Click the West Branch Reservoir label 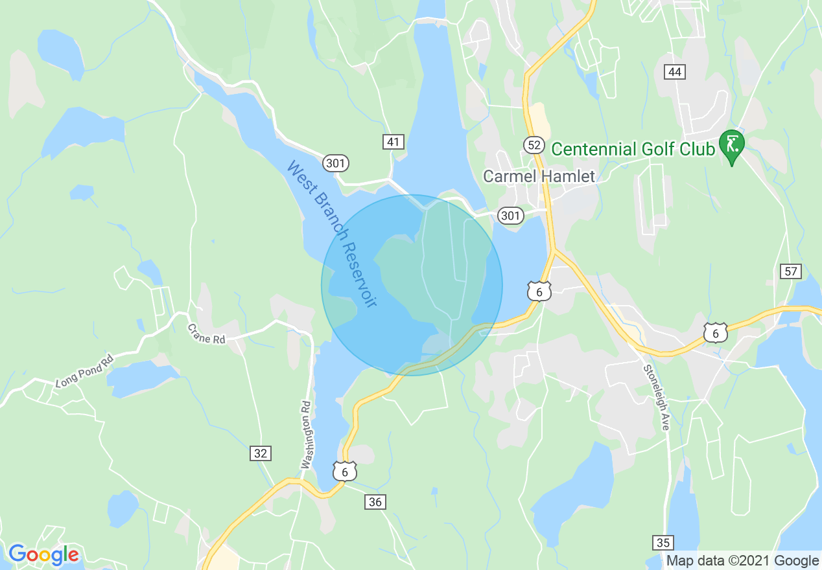click(x=331, y=234)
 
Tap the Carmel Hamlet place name click(x=539, y=176)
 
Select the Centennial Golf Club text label click(x=633, y=150)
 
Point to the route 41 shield click(x=393, y=142)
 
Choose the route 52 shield click(x=534, y=144)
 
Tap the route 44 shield click(x=675, y=71)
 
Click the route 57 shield click(x=791, y=271)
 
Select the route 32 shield click(x=261, y=453)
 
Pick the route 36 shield click(x=375, y=501)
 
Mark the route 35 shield click(x=663, y=542)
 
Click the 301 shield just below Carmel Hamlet click(x=511, y=215)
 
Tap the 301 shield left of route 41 click(x=335, y=163)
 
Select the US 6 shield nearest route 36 click(x=345, y=472)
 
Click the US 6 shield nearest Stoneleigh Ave click(x=715, y=333)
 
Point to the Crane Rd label click(x=206, y=333)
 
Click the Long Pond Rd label click(x=84, y=369)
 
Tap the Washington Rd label click(x=307, y=435)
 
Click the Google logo click(x=43, y=554)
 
